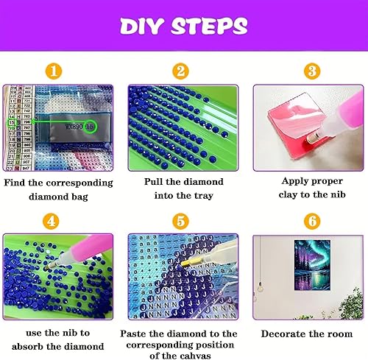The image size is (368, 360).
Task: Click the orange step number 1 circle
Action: (x=54, y=71)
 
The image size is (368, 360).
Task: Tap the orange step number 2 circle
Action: (x=180, y=71)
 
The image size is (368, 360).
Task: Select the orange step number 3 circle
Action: (x=312, y=71)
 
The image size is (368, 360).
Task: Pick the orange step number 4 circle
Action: (x=51, y=221)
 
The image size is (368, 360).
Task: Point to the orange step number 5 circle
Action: (x=180, y=221)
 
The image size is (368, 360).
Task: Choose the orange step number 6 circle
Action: (x=312, y=221)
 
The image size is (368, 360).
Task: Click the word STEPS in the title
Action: (x=209, y=26)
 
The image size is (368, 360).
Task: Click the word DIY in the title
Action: (x=141, y=26)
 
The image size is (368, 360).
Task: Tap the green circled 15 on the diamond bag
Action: (x=90, y=127)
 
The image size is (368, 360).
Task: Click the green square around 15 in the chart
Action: (x=12, y=122)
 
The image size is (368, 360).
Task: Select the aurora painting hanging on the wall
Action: (x=312, y=265)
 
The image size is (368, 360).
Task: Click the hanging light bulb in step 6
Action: (x=260, y=287)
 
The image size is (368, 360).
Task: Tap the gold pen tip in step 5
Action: (x=185, y=264)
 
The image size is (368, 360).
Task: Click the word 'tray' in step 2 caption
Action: (x=204, y=196)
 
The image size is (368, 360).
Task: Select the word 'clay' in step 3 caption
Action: (x=288, y=195)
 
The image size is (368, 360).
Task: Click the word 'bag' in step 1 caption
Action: (x=79, y=197)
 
